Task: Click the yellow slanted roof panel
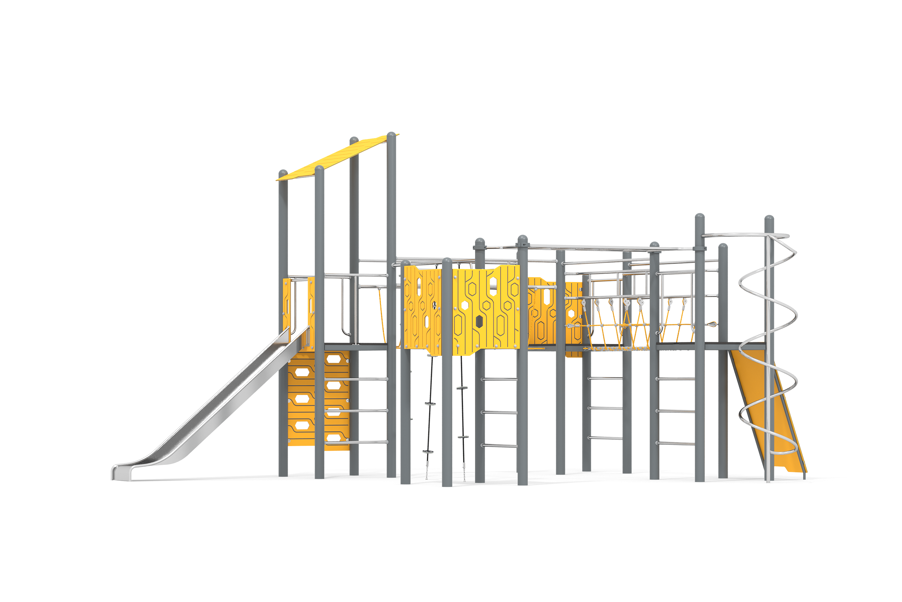(x=337, y=157)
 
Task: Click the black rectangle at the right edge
(x=832, y=396)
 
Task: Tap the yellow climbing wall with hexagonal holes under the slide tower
(x=318, y=399)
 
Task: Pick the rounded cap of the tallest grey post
(x=391, y=135)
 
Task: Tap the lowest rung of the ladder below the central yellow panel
(x=499, y=446)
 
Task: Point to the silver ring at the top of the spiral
(x=744, y=235)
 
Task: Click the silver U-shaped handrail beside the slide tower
(x=345, y=307)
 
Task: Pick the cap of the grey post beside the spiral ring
(x=769, y=219)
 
